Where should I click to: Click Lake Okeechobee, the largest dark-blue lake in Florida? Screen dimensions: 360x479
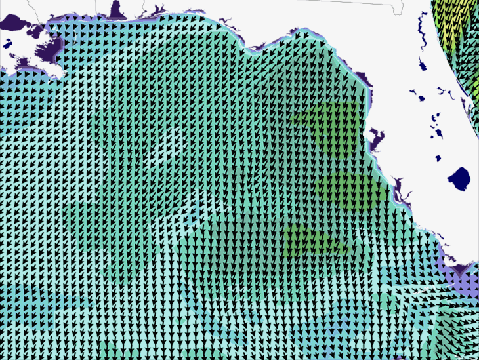coord(459,177)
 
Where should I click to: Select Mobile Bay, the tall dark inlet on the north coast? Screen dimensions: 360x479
coord(117,9)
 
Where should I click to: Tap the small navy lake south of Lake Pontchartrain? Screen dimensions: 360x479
coord(7,45)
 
